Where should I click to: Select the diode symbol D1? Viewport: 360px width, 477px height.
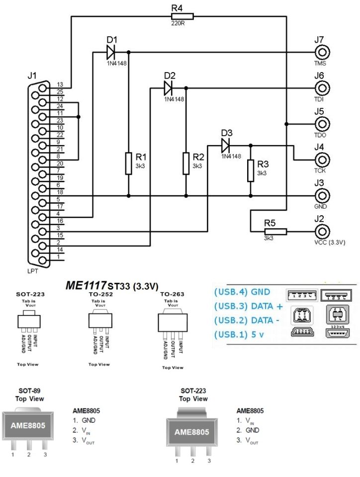coord(110,51)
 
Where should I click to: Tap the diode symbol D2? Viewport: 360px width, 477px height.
coord(168,88)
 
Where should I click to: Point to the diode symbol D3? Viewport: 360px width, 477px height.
coord(226,145)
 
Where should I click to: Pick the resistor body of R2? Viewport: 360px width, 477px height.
coord(185,163)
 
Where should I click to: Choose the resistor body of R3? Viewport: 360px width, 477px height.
coord(250,170)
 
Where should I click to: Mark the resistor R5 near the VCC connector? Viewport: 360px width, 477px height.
coord(275,231)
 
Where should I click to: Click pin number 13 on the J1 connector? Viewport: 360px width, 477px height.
coord(60,84)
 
